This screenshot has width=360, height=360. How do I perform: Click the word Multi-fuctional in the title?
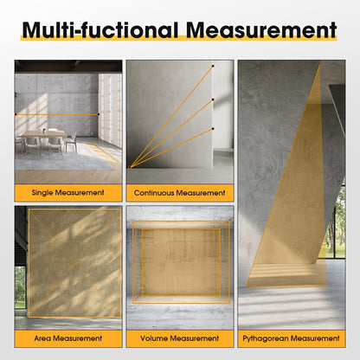(x=100, y=30)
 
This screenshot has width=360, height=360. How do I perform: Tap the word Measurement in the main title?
(x=261, y=30)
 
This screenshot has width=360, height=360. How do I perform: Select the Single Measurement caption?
(x=68, y=193)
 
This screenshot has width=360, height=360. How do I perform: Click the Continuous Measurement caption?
(x=179, y=193)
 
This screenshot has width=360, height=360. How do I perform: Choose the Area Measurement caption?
(x=68, y=338)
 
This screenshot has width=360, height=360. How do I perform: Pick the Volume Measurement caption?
(x=179, y=338)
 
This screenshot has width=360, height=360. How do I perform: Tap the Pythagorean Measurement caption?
(x=291, y=338)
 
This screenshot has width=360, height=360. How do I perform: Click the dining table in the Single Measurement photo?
(x=44, y=134)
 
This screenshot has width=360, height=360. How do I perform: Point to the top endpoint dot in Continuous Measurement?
(x=213, y=66)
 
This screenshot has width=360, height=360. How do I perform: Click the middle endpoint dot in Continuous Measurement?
(x=213, y=100)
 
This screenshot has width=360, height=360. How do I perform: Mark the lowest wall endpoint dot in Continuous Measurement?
(x=213, y=128)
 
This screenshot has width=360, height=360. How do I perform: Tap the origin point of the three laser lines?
(x=130, y=167)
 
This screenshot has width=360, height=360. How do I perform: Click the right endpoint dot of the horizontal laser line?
(x=99, y=114)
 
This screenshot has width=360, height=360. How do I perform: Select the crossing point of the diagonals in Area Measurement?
(x=74, y=263)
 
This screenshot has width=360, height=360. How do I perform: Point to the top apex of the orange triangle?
(x=320, y=65)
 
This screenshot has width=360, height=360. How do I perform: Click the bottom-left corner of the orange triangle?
(x=246, y=286)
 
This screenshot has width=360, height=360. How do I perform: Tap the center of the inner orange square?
(x=181, y=262)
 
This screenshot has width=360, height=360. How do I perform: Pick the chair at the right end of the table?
(x=71, y=142)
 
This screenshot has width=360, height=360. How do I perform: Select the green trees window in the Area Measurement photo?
(x=20, y=287)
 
